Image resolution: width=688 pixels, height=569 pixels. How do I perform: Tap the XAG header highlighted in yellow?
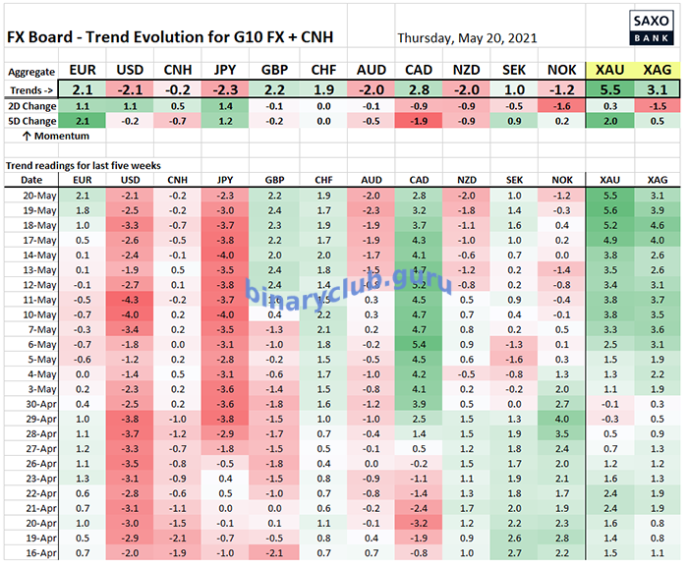point(654,71)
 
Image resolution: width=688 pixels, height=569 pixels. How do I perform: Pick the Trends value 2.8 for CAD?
point(418,88)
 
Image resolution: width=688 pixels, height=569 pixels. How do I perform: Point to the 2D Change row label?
point(31,105)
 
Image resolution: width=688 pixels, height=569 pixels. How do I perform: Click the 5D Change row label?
point(31,121)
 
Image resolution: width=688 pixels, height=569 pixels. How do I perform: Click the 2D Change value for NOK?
point(560,105)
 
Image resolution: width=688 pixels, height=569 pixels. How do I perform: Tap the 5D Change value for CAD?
point(418,121)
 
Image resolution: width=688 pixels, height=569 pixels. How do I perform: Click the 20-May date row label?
point(31,196)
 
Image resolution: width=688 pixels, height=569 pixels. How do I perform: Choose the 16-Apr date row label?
point(31,554)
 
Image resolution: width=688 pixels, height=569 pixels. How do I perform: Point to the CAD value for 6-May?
point(418,345)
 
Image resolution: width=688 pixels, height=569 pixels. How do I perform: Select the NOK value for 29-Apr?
point(560,420)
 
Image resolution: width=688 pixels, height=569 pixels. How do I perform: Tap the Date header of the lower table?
point(31,180)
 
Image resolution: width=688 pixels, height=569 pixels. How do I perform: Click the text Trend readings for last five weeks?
point(84,164)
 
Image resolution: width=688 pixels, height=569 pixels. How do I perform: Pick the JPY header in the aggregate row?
point(224,71)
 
